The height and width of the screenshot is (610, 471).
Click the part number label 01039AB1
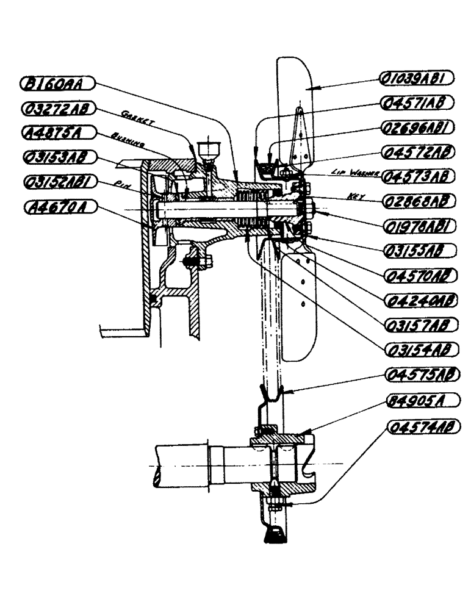pyautogui.click(x=416, y=77)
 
